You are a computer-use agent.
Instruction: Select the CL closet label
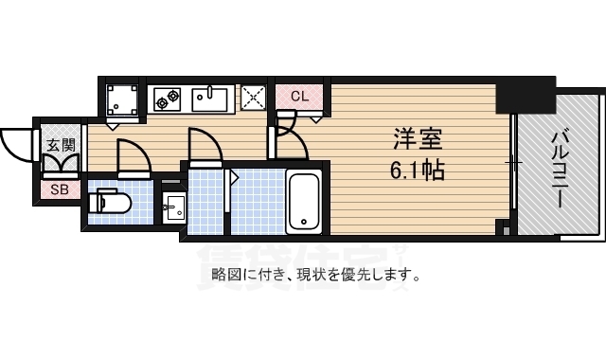pyautogui.click(x=299, y=96)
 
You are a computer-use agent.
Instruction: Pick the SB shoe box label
pyautogui.click(x=60, y=189)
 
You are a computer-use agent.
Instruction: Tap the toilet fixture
pyautogui.click(x=110, y=203)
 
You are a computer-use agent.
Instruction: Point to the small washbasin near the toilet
pyautogui.click(x=173, y=207)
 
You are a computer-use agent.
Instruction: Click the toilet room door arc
pyautogui.click(x=132, y=154)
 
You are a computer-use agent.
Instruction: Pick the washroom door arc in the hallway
pyautogui.click(x=205, y=147)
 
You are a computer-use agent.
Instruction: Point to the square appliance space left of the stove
pyautogui.click(x=122, y=99)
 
